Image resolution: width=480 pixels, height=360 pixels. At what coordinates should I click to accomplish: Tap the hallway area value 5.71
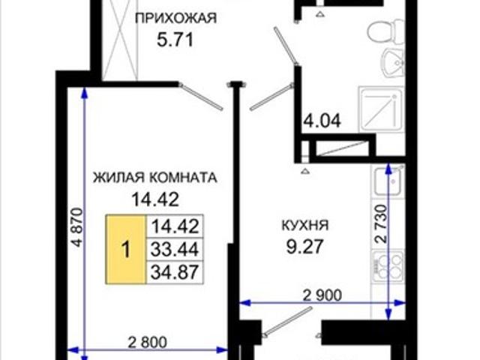[x=175, y=41]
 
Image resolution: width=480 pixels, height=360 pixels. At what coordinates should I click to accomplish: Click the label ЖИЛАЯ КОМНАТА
[x=154, y=178]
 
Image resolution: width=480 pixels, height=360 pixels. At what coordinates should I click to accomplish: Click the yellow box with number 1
[x=125, y=250]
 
